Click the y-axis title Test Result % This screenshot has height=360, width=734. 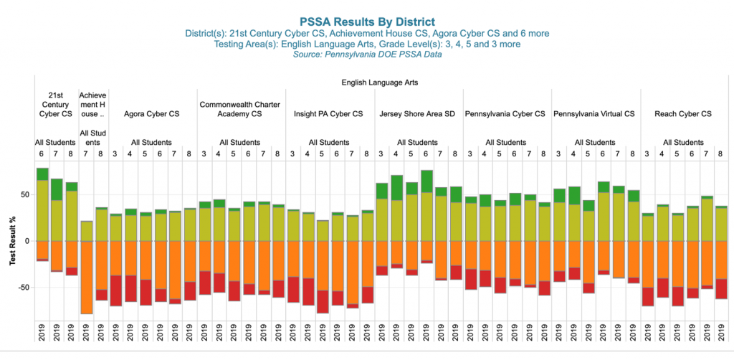12,241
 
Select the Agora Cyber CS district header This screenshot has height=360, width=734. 152,114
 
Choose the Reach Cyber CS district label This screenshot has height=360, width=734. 683,114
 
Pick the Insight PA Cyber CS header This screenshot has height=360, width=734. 328,114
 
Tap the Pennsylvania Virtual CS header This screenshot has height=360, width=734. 594,114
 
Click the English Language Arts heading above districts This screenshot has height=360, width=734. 379,82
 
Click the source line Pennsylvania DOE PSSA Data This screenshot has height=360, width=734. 367,55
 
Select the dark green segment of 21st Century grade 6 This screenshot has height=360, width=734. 42,174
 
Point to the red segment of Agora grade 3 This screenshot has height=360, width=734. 116,290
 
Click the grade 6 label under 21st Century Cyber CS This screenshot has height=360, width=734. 42,154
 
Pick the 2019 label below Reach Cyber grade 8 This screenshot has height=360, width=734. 722,333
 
